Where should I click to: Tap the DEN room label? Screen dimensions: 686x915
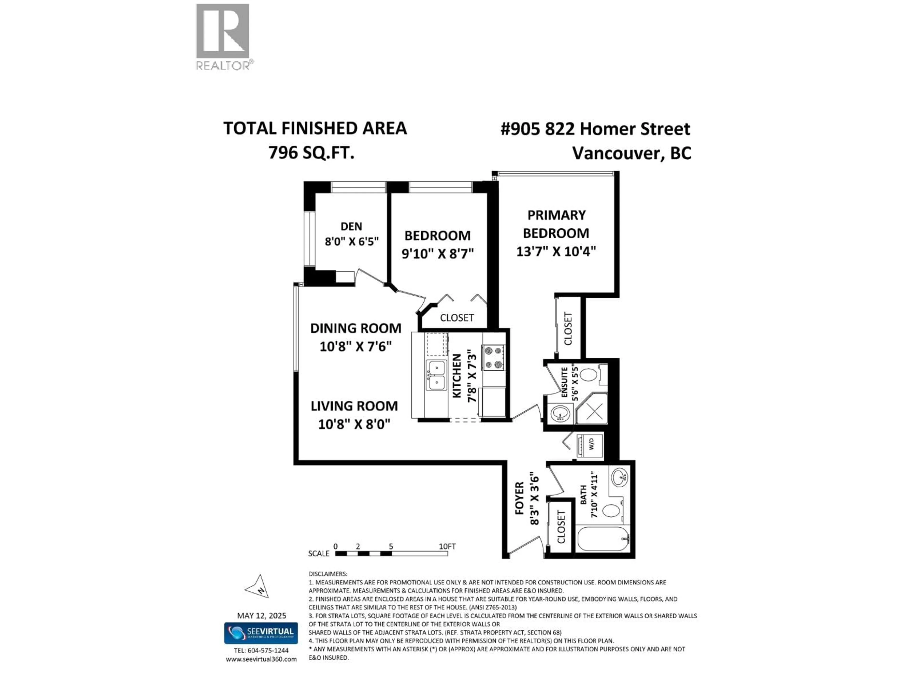pos(351,226)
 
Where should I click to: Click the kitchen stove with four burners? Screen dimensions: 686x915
pos(493,358)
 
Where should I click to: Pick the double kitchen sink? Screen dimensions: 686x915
pos(436,375)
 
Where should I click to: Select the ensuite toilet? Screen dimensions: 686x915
pos(588,375)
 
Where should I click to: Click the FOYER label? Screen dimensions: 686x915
pos(519,498)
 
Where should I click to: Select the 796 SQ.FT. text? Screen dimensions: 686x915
pos(311,153)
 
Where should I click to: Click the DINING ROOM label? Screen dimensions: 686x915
pos(356,328)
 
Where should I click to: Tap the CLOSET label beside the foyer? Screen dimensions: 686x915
pos(561,527)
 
